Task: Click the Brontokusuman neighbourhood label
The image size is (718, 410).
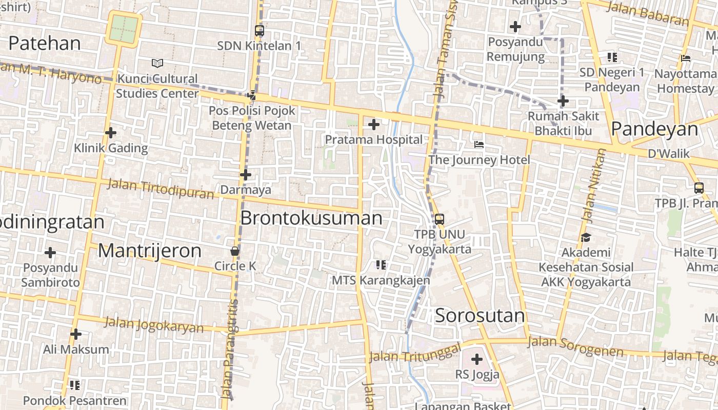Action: (311, 218)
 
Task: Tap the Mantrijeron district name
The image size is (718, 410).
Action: (150, 251)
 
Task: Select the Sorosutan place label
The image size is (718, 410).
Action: (480, 316)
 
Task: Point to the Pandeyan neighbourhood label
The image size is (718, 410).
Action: (654, 129)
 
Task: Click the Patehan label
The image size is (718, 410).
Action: (45, 44)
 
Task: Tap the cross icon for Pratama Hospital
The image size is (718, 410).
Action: (374, 124)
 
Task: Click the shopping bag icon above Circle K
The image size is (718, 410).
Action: (235, 251)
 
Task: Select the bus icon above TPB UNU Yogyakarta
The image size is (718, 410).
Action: (440, 219)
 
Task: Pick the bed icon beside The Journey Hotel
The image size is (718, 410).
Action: (479, 145)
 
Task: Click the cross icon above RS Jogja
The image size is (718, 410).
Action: (477, 359)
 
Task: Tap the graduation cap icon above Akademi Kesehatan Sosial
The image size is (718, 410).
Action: (586, 237)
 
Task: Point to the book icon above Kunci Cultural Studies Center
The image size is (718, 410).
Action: (157, 63)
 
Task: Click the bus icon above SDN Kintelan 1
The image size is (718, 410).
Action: (260, 31)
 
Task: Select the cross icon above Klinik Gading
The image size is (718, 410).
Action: (111, 133)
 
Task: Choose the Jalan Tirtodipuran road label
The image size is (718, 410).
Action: (161, 189)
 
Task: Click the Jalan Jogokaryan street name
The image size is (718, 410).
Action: (154, 325)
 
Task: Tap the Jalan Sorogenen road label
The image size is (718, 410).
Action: (575, 346)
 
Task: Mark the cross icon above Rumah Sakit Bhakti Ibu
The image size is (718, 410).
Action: (563, 101)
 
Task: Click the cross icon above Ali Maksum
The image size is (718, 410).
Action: (76, 334)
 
